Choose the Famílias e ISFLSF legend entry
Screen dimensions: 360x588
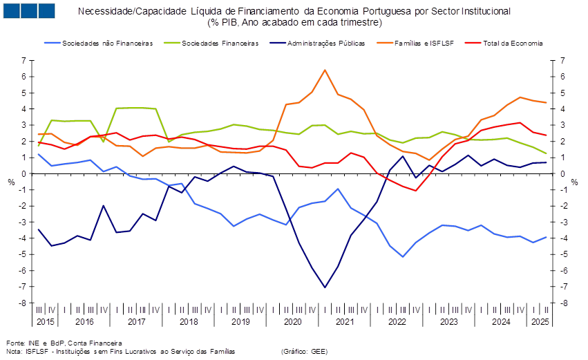click(x=424, y=43)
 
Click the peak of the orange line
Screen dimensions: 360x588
click(x=325, y=70)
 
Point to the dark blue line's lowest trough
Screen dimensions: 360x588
click(x=325, y=287)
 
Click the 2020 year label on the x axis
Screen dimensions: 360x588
click(x=292, y=322)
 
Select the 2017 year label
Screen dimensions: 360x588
click(x=136, y=322)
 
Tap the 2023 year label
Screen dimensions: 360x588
click(x=449, y=322)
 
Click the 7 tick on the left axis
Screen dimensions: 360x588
click(x=23, y=61)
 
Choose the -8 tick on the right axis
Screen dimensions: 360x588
click(x=564, y=303)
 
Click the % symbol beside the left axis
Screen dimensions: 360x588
click(x=11, y=182)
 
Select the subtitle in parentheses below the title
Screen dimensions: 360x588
click(x=294, y=22)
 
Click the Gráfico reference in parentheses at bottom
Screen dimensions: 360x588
click(x=304, y=351)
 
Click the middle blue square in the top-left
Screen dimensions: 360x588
click(x=29, y=10)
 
